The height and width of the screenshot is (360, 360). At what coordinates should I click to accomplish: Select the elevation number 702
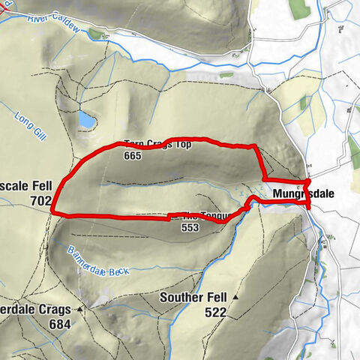[x=40, y=201]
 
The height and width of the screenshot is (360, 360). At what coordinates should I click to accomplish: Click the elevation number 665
[x=133, y=156]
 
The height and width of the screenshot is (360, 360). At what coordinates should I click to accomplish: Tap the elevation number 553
[x=190, y=229]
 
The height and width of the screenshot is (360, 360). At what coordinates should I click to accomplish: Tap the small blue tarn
[x=87, y=119]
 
